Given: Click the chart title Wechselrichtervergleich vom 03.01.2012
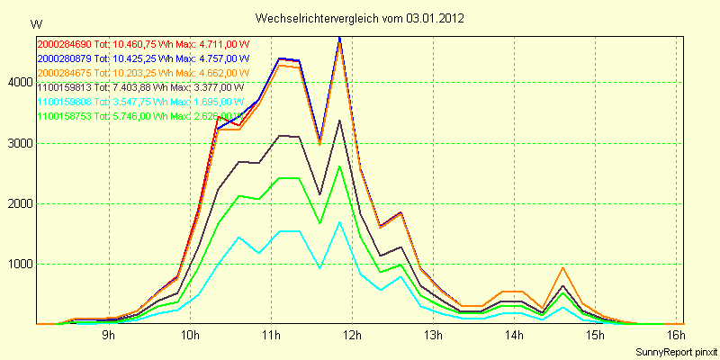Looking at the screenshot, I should pos(360,18).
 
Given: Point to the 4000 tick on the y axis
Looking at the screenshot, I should pos(18,83).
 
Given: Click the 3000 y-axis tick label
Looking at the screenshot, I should pos(18,143).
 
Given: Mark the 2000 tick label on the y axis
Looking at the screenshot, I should pos(18,204).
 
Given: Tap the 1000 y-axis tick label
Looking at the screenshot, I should pos(18,265).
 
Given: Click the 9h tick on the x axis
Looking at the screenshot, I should pos(108,336).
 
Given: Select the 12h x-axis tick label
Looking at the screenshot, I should pos(352,336).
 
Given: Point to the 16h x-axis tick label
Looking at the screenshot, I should pos(676,336).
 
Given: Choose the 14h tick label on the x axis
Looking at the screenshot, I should pos(514,336).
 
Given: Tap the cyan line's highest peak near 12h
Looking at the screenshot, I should pos(339,221).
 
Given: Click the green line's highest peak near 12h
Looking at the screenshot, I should pos(339,166).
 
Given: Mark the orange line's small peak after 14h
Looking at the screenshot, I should pos(562,267).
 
